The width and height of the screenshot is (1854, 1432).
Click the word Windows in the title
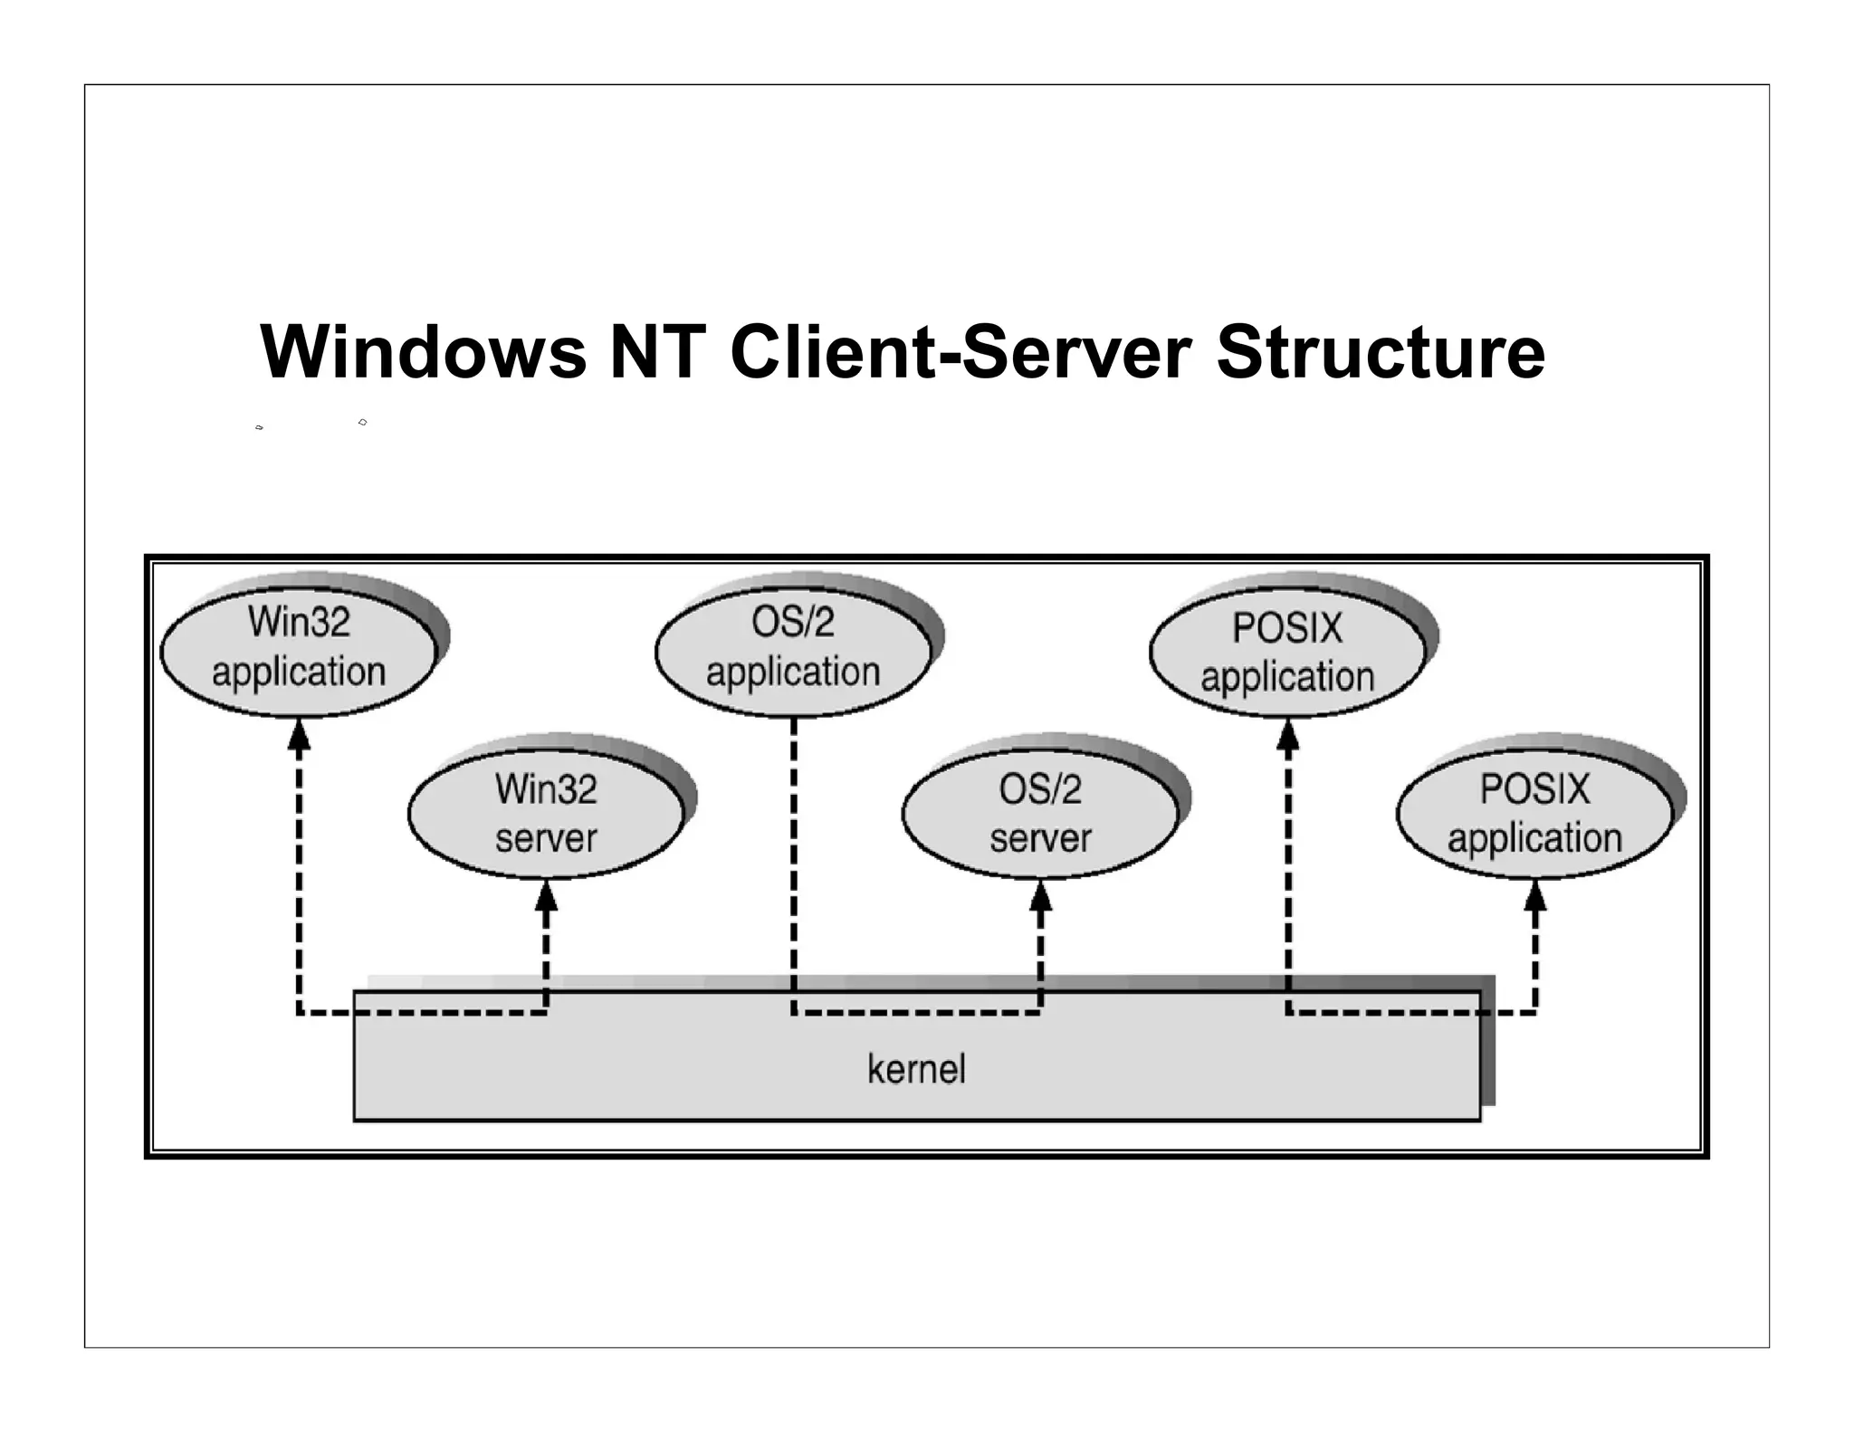[x=423, y=352]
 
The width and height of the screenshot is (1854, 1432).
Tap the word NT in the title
[x=658, y=352]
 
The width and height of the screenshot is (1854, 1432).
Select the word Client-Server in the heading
[x=960, y=352]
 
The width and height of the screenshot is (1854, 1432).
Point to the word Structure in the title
[x=1381, y=352]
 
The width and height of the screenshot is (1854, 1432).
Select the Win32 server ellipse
[x=546, y=813]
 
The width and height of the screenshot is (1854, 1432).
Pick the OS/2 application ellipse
[x=793, y=648]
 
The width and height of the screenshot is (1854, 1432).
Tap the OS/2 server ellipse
[x=1040, y=813]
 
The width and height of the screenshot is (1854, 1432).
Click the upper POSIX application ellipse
[x=1287, y=652]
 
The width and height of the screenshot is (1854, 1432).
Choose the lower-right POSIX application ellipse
[x=1534, y=813]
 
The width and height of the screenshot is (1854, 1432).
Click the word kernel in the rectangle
[x=916, y=1069]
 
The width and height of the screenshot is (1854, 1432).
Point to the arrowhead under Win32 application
[x=299, y=735]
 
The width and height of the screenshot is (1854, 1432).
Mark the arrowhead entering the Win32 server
[x=546, y=897]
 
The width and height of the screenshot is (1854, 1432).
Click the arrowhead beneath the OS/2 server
[x=1041, y=897]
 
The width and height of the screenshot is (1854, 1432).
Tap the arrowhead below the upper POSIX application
[x=1287, y=735]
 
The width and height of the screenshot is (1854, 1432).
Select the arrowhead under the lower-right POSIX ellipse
[x=1535, y=897]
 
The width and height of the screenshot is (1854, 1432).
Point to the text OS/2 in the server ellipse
[x=1040, y=789]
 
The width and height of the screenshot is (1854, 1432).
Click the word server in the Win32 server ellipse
[x=546, y=838]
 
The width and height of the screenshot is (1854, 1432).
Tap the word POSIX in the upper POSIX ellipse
[x=1287, y=628]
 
